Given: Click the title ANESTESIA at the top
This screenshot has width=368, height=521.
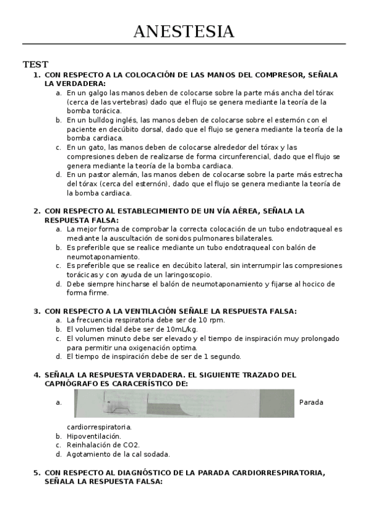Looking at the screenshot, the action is (x=184, y=31).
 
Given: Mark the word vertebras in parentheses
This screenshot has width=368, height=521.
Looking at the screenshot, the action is (x=131, y=102).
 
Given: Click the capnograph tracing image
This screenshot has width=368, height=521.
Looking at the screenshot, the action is (x=184, y=403).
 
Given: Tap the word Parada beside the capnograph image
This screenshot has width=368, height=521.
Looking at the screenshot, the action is (x=311, y=403).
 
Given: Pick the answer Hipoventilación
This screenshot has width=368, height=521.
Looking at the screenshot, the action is (x=94, y=436).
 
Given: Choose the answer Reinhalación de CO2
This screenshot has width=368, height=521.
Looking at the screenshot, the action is (x=103, y=445).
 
